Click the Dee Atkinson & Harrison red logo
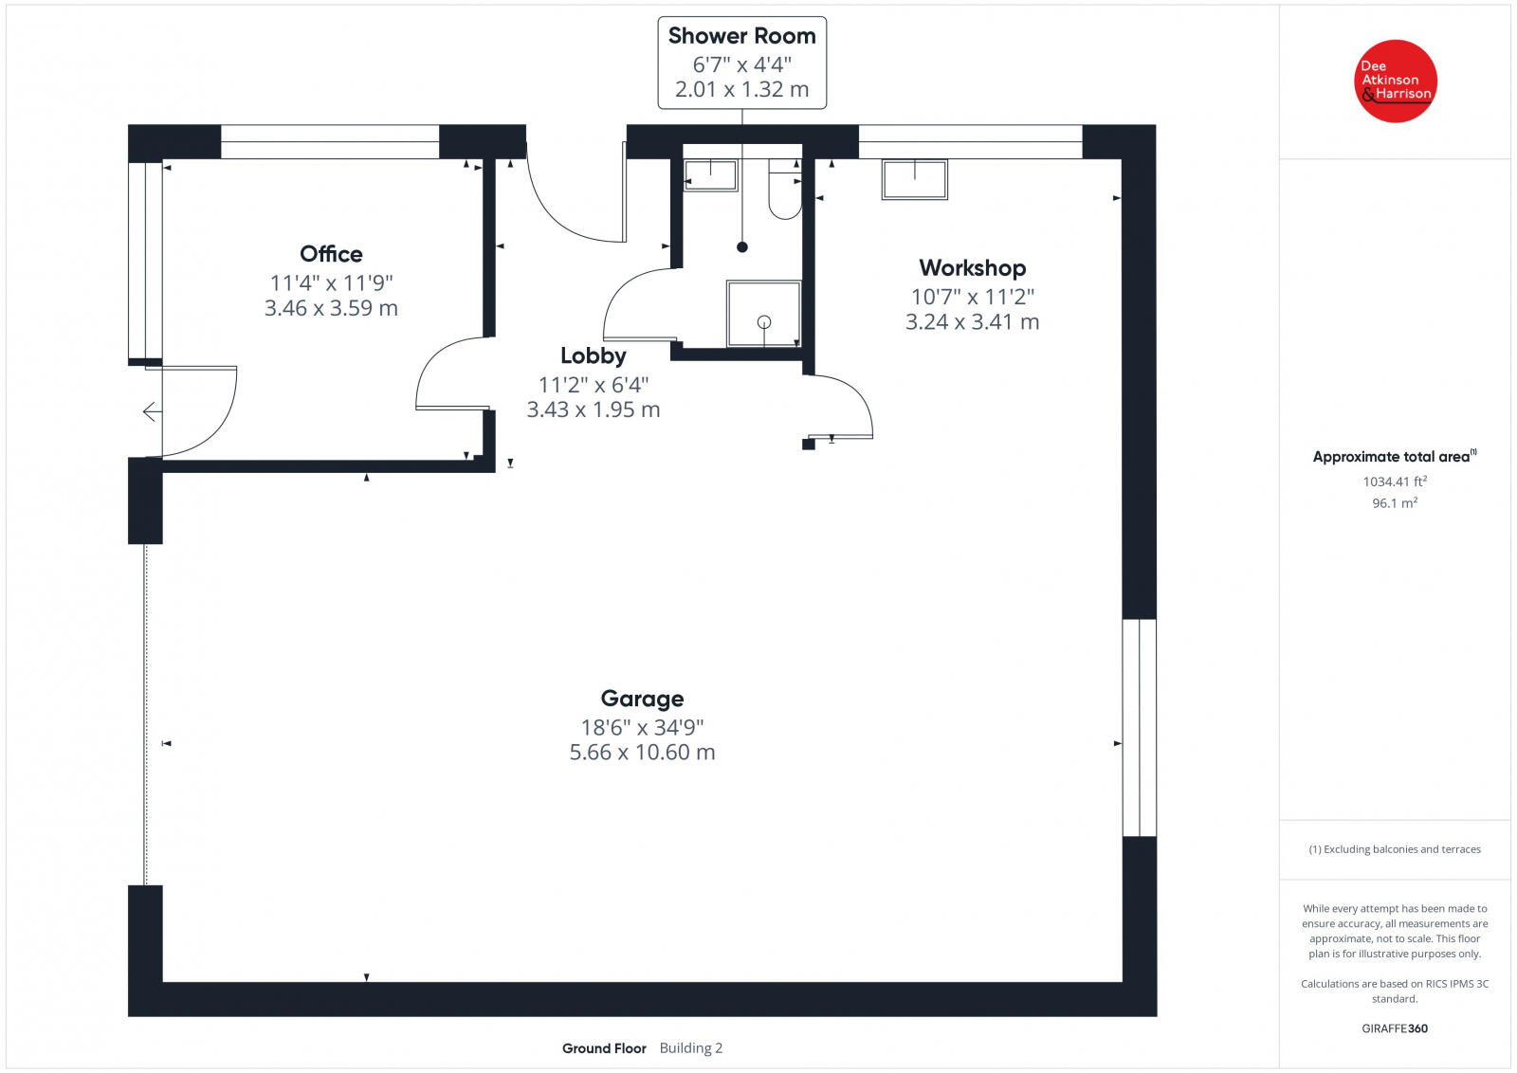[1396, 81]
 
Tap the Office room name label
[331, 254]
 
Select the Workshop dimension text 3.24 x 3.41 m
[972, 322]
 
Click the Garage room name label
[642, 699]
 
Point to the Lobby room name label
[593, 355]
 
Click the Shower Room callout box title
[741, 36]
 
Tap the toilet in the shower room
[784, 193]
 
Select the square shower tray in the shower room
[763, 314]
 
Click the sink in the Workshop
[914, 179]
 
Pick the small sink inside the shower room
[710, 175]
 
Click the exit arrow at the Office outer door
[151, 411]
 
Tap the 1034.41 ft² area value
[1395, 482]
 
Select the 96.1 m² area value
[1395, 503]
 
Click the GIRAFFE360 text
[1395, 1028]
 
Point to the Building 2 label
[690, 1047]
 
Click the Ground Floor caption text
[604, 1048]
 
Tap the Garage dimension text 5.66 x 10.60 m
[642, 753]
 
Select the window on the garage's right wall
[1139, 727]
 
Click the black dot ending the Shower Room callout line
[742, 247]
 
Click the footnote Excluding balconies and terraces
[1395, 849]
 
